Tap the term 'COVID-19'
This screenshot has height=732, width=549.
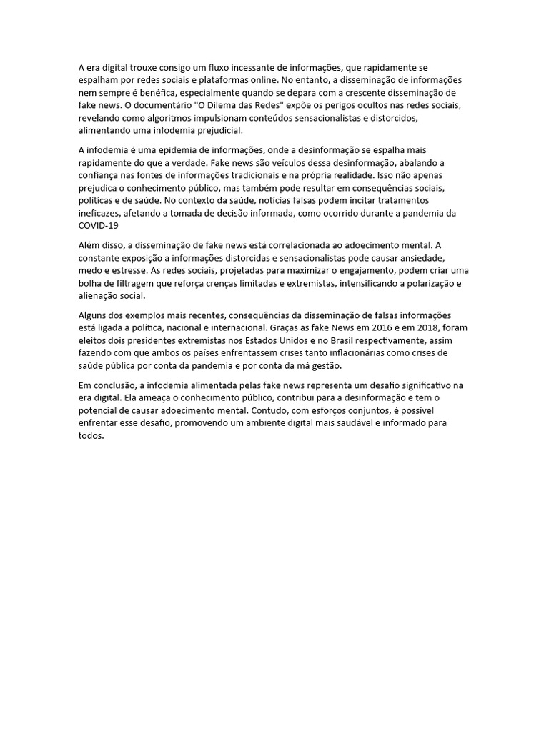pos(98,226)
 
